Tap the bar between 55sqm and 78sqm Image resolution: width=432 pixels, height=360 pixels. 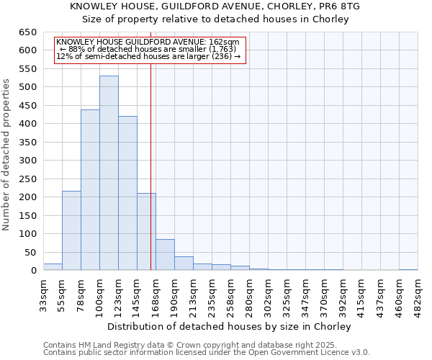point(71,230)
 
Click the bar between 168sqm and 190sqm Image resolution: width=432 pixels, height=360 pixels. point(165,255)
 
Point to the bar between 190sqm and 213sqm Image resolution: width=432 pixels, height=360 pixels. point(184,264)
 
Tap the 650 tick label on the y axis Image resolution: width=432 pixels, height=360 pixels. point(27,32)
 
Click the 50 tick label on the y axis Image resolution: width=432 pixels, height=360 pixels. point(30,252)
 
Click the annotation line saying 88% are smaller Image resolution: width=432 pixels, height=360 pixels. point(150,49)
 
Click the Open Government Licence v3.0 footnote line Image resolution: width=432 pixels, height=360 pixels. point(207,353)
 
